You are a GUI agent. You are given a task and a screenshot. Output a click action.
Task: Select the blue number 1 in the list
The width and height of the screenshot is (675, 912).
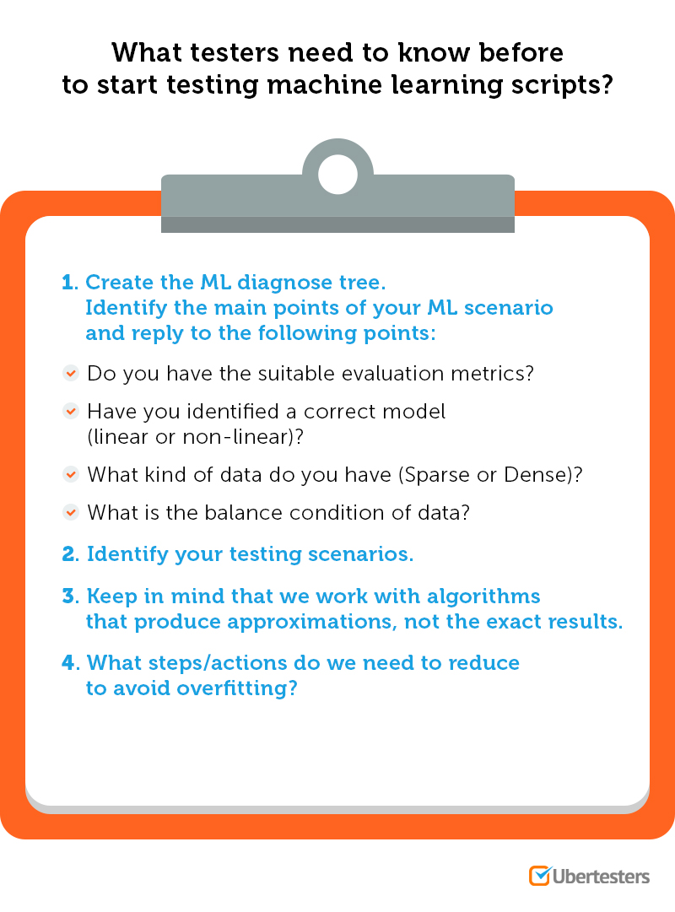click(67, 283)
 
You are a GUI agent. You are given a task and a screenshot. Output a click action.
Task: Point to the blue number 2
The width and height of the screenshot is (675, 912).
click(68, 554)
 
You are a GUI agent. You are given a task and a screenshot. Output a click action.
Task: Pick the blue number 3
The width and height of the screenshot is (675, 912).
click(68, 597)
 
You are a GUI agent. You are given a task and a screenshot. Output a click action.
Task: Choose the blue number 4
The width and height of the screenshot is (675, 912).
click(68, 662)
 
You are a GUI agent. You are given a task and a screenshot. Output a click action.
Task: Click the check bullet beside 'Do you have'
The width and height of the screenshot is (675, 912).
click(71, 372)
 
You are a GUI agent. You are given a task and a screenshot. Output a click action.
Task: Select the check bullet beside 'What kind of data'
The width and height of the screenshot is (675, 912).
click(71, 475)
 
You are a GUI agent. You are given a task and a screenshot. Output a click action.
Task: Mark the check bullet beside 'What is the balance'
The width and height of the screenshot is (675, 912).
click(71, 512)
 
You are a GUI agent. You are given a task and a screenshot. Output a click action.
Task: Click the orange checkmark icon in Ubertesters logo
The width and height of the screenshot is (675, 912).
click(539, 875)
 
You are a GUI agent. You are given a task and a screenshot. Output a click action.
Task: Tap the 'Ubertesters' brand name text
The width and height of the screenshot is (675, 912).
click(601, 876)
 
